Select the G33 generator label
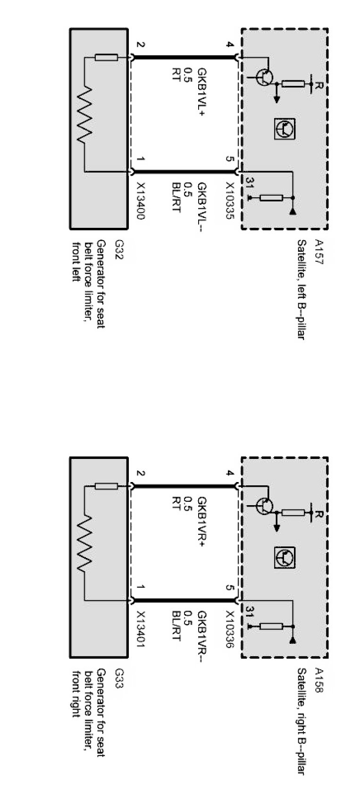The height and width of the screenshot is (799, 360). pyautogui.click(x=118, y=678)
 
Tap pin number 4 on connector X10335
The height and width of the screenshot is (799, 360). pyautogui.click(x=230, y=45)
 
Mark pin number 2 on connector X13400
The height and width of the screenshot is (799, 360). pyautogui.click(x=140, y=45)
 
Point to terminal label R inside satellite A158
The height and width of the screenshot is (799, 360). pyautogui.click(x=319, y=515)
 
